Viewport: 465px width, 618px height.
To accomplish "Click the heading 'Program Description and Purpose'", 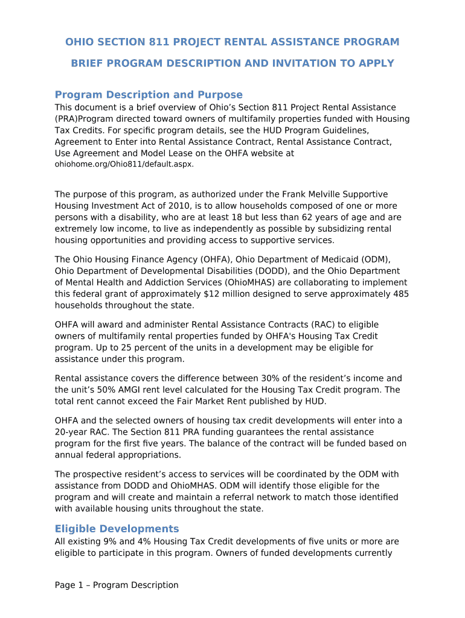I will pos(149,95).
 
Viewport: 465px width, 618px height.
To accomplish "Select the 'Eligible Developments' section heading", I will pos(117,529).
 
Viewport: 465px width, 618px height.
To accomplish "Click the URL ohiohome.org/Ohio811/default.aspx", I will pos(124,164).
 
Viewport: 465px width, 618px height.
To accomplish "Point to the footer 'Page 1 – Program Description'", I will pos(117,585).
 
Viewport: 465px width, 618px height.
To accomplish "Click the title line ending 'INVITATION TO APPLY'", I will pos(232,63).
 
